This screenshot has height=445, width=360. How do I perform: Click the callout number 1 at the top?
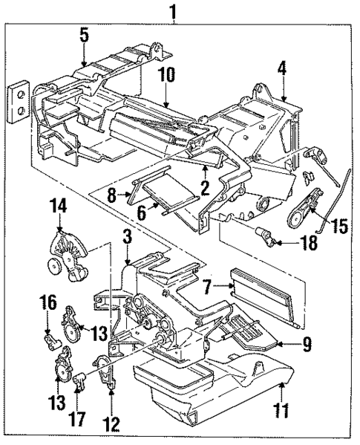click(174, 12)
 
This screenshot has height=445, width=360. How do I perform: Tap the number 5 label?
click(84, 33)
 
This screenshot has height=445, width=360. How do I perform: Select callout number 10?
click(165, 75)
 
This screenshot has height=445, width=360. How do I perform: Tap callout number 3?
click(128, 237)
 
